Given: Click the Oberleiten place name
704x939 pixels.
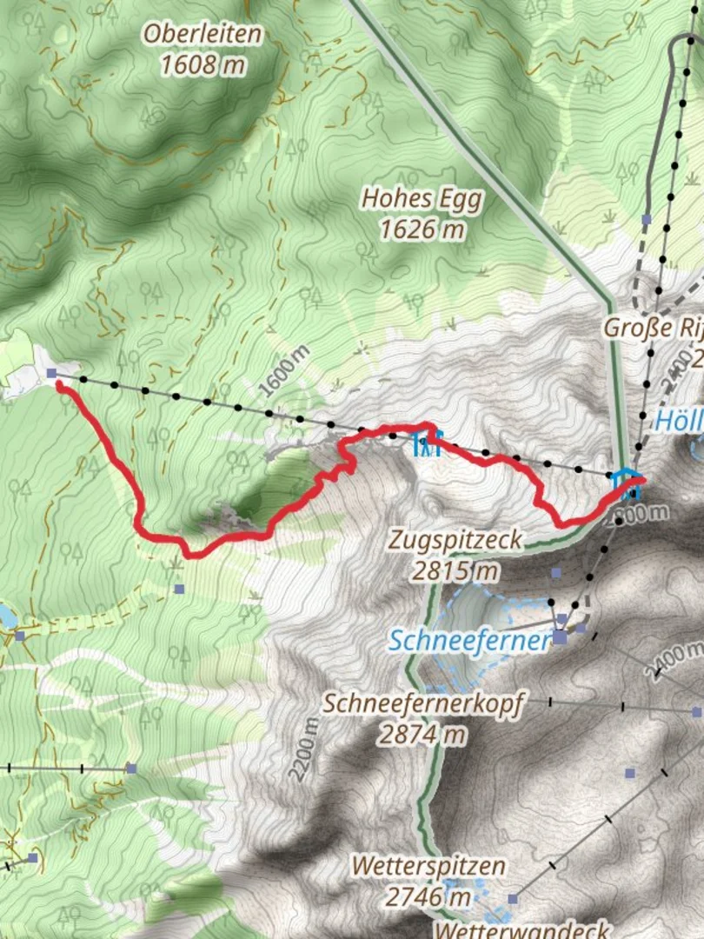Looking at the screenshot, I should (x=203, y=35).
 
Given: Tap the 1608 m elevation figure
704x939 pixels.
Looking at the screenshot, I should (x=203, y=64).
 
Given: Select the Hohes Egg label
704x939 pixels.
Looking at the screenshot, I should (x=422, y=199).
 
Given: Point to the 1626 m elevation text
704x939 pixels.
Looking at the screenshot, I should (x=422, y=230).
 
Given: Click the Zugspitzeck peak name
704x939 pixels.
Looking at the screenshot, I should (x=455, y=541).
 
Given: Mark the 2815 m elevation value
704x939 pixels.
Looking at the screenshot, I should (x=455, y=571).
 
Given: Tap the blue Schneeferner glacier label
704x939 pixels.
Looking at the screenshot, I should (x=469, y=641).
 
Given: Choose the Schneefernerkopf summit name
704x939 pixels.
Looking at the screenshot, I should (x=423, y=703).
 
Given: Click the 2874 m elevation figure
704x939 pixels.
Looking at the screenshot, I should (x=423, y=735).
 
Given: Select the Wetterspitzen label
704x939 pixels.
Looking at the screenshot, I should (x=428, y=866).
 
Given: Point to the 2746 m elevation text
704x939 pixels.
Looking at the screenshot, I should (x=428, y=896).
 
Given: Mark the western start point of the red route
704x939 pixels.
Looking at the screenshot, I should (x=60, y=385).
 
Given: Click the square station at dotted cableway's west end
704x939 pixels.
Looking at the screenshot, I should (x=52, y=374).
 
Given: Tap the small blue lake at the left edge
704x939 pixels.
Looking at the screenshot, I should (x=6, y=616).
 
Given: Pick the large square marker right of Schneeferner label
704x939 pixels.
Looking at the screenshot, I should (x=561, y=637).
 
